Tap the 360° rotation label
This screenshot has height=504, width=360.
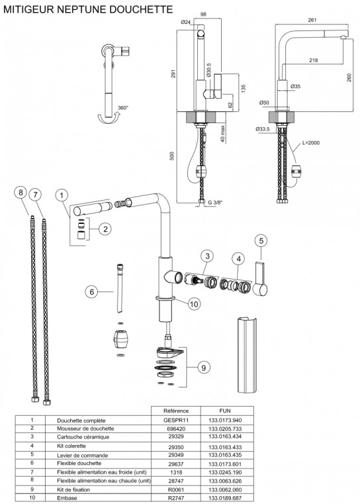pos(123,108)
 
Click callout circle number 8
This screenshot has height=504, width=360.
pos(21,193)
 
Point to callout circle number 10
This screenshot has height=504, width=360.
pos(193,304)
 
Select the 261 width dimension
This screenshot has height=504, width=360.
pos(312,20)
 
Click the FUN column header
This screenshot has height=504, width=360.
pos(224,410)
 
